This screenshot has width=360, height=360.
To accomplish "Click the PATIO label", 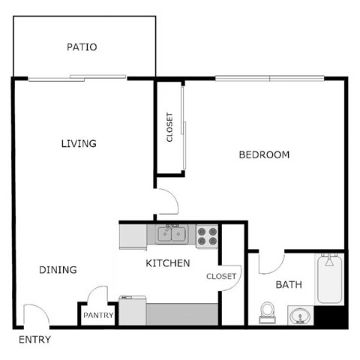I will pos(82,47).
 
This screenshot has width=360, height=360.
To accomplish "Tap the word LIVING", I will pos(79,143).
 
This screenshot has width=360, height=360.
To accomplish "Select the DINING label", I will pos(57,270).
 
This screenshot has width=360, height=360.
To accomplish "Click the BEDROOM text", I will pos(264,155).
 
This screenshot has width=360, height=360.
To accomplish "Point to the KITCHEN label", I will pos(167,263).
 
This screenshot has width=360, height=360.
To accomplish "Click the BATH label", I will pos(289,285).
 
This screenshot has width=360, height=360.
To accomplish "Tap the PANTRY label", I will pos(98,316).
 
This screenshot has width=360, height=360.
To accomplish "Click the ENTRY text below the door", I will pos(35,340).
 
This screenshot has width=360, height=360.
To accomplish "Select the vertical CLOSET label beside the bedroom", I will pos(169,128).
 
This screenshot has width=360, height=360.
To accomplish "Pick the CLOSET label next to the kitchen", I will pos(221,276).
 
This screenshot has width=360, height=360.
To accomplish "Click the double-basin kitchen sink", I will pos(173,235).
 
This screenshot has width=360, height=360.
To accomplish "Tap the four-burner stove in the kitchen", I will pos(207,236).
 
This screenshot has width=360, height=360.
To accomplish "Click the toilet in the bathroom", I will pos(267,312).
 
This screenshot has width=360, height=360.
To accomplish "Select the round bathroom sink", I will pos(299,316).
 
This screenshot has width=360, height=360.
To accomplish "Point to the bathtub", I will pos(329,279).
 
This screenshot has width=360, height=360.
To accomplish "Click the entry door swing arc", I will pos(34,315).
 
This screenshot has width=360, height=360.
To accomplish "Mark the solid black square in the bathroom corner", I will pos(330,316).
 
